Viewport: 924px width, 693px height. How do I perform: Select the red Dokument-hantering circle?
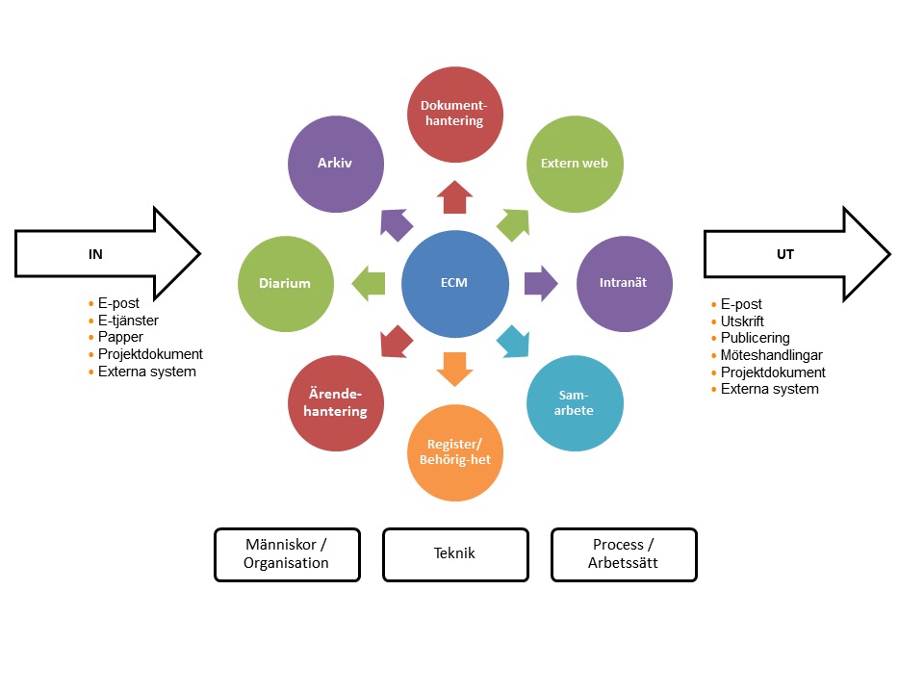[x=453, y=114]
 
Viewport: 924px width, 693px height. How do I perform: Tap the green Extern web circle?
[x=575, y=164]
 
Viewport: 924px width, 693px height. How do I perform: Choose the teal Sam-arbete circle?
[x=575, y=403]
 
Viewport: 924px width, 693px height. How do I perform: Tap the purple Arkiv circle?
[x=336, y=164]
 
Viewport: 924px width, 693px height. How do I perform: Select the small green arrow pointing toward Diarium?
[x=368, y=284]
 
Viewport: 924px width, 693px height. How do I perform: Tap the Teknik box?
[x=455, y=554]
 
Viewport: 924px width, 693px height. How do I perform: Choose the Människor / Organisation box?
[x=287, y=554]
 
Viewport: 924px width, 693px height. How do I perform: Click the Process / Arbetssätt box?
[x=623, y=554]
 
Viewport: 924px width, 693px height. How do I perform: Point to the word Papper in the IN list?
[x=121, y=337]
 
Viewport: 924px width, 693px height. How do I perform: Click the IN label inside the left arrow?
[x=96, y=254]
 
